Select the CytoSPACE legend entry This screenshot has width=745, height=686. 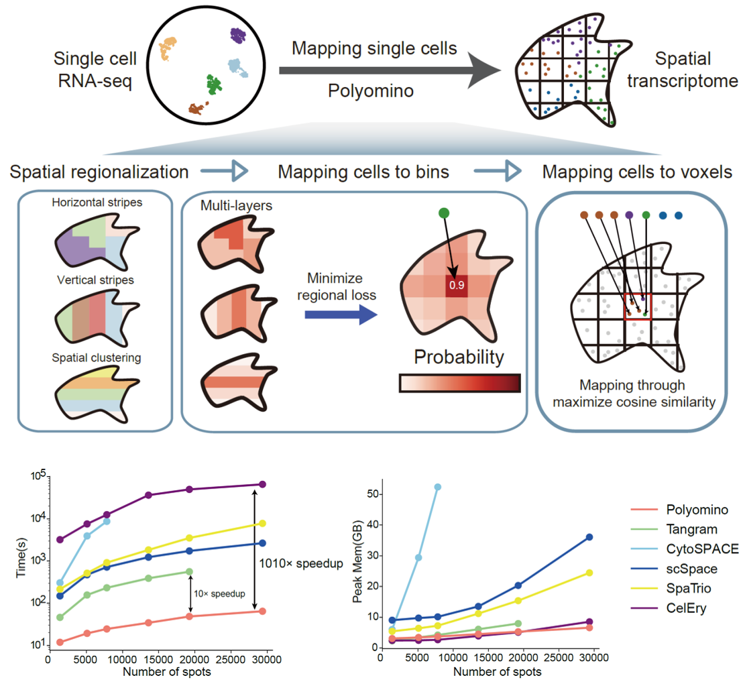pyautogui.click(x=703, y=549)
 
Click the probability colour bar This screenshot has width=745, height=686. pyautogui.click(x=459, y=383)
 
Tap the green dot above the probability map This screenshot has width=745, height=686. pyautogui.click(x=443, y=213)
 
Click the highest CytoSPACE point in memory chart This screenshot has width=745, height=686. pyautogui.click(x=438, y=487)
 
